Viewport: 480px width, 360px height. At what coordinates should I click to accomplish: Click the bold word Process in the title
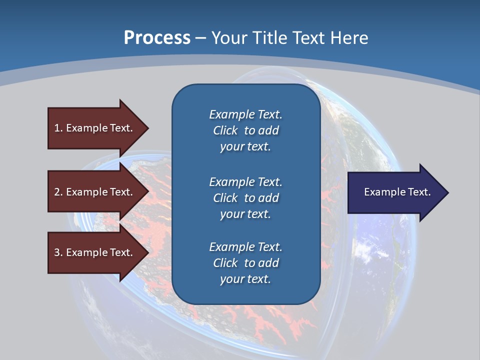click(x=157, y=38)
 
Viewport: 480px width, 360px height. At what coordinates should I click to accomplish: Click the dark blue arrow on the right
click(x=395, y=192)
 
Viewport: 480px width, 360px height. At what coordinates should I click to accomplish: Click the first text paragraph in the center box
click(x=245, y=130)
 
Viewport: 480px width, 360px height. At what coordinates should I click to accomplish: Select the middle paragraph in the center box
click(x=245, y=198)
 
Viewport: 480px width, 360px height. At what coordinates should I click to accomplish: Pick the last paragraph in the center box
click(x=245, y=263)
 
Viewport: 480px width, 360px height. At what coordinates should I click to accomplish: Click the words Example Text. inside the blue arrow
click(x=397, y=192)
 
